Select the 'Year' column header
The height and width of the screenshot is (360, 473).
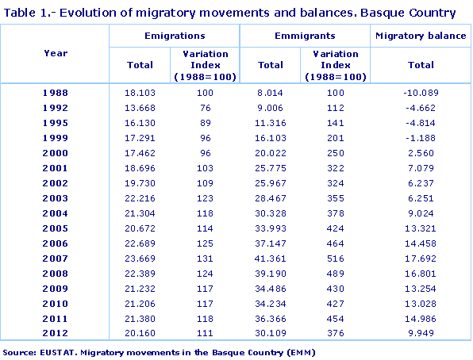pyautogui.click(x=56, y=53)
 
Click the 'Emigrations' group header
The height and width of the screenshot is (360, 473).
pyautogui.click(x=175, y=36)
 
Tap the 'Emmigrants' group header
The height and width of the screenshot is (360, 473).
pyautogui.click(x=305, y=36)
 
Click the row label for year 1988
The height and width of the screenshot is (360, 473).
pyautogui.click(x=56, y=94)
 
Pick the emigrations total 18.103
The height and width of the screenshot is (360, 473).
pyautogui.click(x=140, y=94)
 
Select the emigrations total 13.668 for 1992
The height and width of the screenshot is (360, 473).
pyautogui.click(x=140, y=109)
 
